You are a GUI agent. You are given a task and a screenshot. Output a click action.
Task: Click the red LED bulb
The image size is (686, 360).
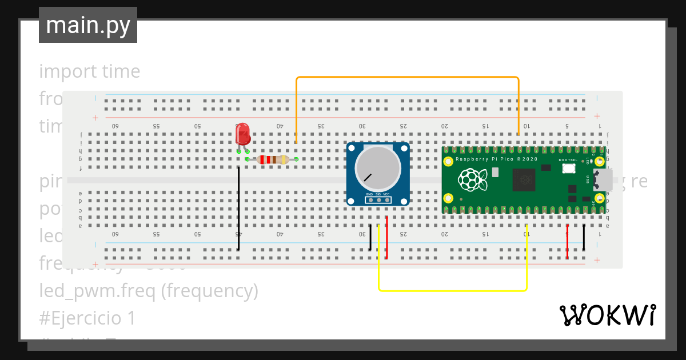tap(242, 134)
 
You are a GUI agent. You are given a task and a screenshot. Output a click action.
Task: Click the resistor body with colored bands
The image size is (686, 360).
tap(272, 159)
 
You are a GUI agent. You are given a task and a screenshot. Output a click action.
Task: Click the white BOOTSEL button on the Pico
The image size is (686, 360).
tap(568, 169)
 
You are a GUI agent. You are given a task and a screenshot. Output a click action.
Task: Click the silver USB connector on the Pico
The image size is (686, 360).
tap(603, 179)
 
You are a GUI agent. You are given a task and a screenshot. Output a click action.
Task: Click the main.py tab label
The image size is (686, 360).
tap(88, 25)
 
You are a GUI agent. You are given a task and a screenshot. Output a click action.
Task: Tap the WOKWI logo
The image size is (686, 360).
tap(607, 315)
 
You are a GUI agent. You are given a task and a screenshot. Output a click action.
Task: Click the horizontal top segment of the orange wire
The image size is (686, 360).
tap(407, 77)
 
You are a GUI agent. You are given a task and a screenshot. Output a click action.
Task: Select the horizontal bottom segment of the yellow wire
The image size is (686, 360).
tap(452, 290)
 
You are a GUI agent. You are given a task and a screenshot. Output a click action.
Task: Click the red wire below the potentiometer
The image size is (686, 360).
tap(387, 237)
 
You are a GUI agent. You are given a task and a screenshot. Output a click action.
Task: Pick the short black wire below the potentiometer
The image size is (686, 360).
tap(370, 237)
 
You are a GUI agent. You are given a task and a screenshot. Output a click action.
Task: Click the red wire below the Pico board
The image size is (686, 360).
tap(567, 242)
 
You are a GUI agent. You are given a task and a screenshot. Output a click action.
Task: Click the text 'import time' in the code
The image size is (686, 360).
tap(90, 71)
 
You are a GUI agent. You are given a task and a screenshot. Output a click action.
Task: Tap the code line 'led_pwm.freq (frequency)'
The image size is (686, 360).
tap(149, 291)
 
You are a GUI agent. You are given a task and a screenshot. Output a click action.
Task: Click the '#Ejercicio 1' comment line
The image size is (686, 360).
tap(87, 318)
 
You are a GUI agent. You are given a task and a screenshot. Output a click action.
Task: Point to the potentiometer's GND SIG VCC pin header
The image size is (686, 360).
tap(378, 199)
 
